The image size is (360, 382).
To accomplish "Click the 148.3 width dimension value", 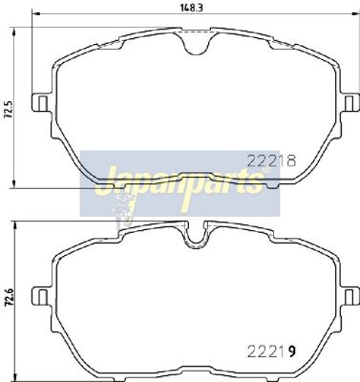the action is (192, 8).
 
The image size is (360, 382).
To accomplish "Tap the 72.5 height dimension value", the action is (9, 110).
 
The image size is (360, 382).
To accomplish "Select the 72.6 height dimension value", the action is (9, 297).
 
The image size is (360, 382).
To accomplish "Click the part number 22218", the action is (271, 160).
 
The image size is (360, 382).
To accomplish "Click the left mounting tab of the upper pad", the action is (41, 102).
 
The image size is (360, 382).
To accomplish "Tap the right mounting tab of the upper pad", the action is (350, 102).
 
